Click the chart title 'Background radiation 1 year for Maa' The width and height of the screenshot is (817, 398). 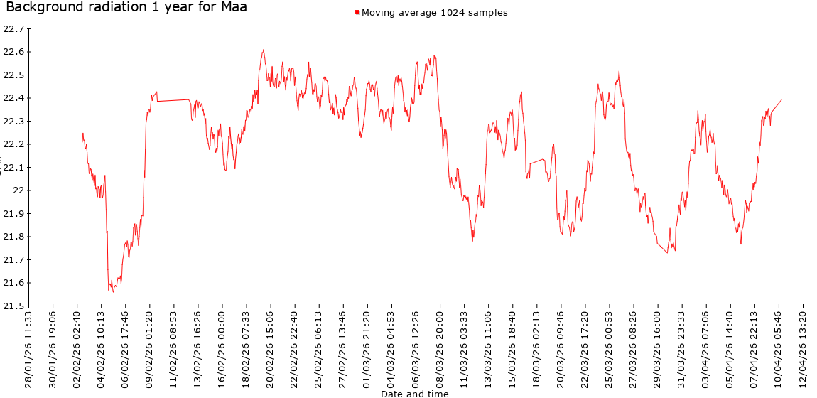coord(126,8)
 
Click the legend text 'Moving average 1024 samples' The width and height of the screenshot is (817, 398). coord(435,13)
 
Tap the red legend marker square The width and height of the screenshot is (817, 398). coord(357,13)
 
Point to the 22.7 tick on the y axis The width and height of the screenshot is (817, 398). coord(13,29)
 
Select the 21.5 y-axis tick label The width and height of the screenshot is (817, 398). coord(13,306)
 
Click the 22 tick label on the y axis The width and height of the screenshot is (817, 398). coord(18,190)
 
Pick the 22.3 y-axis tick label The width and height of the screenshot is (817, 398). coord(13,122)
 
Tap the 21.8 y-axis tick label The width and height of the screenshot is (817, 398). coord(13,237)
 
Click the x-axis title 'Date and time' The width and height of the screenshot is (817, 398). coord(414,393)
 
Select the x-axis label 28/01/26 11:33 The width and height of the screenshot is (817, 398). coord(28,348)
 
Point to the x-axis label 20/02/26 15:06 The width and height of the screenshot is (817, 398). coord(270,348)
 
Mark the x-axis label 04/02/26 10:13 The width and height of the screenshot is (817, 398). coord(101,348)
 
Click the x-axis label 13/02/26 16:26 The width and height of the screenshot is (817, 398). coord(198,348)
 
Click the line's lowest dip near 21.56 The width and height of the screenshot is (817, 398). coord(113,292)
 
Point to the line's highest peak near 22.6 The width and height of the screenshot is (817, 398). coord(263,50)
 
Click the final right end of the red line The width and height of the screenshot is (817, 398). coord(781,99)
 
